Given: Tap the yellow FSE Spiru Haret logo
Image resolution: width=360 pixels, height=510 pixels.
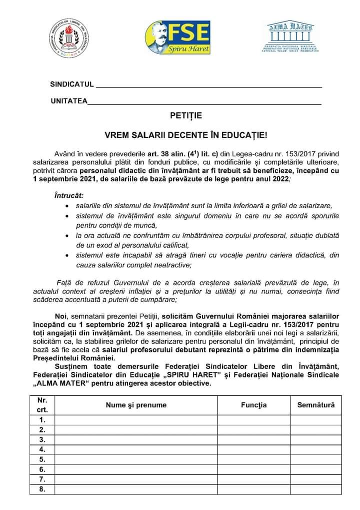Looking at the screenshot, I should click(177, 38).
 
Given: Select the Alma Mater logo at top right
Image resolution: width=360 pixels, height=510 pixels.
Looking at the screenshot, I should click(290, 38).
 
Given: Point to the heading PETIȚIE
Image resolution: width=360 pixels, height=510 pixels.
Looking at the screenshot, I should click(185, 116).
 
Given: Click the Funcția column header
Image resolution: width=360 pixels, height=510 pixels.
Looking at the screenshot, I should click(253, 405).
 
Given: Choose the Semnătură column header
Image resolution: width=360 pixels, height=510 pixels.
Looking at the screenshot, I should click(316, 405).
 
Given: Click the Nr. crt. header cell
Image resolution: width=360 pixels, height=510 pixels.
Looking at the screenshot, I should click(42, 405).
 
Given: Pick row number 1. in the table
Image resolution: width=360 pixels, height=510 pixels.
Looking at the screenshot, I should click(42, 420).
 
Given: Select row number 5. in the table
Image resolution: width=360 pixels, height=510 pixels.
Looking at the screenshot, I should click(42, 459).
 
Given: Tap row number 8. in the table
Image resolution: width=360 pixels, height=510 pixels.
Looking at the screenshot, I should click(42, 489).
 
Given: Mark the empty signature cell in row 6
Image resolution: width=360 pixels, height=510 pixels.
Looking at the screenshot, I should click(316, 469).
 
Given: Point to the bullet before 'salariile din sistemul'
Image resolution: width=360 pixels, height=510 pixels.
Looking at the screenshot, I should click(68, 206).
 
